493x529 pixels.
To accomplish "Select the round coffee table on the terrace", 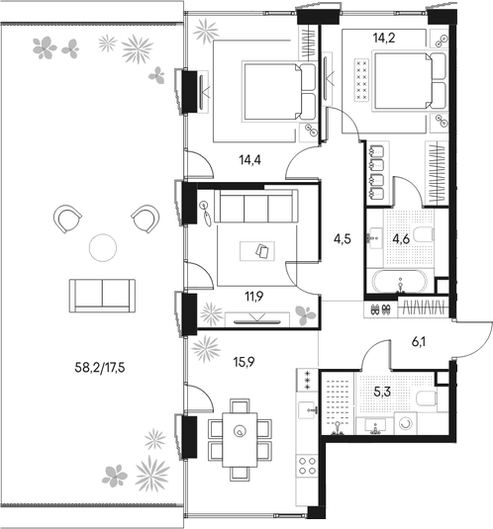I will (102, 247).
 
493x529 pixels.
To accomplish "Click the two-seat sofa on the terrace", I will (102, 294).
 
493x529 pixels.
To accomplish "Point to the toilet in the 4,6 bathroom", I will (420, 233).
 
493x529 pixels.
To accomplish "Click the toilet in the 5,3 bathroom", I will (425, 398).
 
